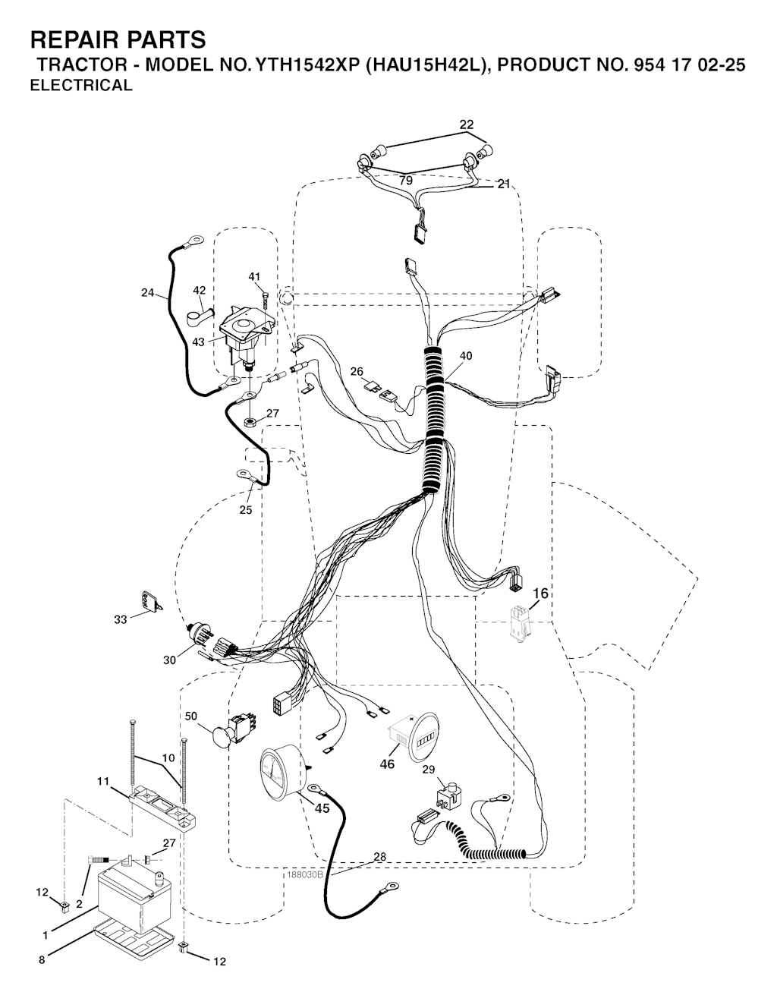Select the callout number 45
[x=322, y=808]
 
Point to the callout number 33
[x=121, y=620]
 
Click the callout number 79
[x=406, y=181]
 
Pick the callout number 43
[x=199, y=342]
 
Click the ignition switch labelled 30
[x=200, y=637]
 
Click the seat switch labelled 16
[x=520, y=622]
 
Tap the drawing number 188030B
[x=305, y=874]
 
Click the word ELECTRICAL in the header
[x=81, y=85]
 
